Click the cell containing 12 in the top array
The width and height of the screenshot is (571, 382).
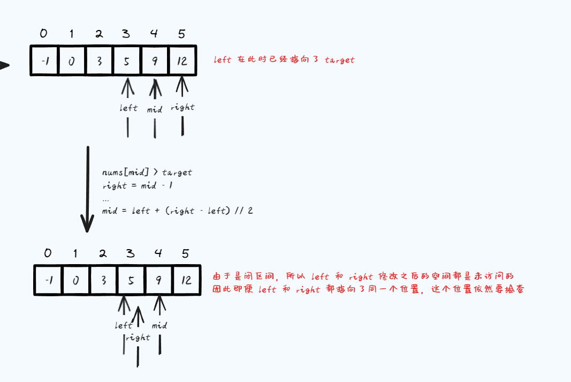[182, 61]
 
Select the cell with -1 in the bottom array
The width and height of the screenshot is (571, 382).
[48, 280]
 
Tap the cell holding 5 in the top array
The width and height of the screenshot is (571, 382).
[127, 61]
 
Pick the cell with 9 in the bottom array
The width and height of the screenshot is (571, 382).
[158, 280]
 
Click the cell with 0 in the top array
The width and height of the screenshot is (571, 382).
[71, 61]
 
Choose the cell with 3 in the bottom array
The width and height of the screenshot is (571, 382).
[103, 280]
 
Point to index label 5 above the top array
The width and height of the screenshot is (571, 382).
[181, 34]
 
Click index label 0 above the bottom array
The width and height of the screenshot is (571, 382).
[48, 253]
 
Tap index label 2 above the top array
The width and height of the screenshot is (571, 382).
[99, 34]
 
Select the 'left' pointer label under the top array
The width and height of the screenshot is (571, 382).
[128, 108]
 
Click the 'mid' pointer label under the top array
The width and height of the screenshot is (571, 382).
[155, 109]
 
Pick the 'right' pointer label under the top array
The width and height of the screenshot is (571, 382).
[182, 107]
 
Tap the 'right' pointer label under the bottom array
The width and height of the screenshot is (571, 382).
[138, 338]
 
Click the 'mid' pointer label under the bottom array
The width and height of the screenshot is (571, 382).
[159, 325]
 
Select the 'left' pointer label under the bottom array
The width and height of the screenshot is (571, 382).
[124, 325]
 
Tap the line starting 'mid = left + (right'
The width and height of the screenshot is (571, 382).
[177, 211]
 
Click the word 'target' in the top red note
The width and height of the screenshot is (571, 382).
[339, 60]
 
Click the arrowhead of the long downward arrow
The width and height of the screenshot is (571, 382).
[87, 224]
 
